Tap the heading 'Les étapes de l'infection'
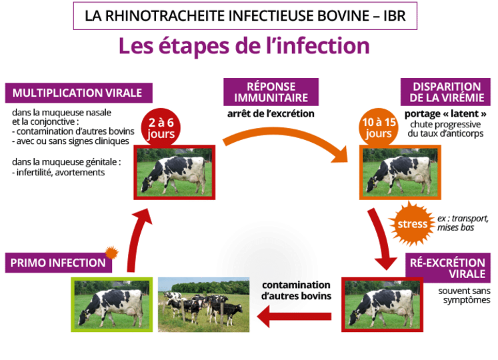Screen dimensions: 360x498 click(244, 46)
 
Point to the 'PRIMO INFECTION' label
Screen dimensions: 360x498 click(58, 262)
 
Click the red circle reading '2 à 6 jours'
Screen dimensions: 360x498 click(161, 127)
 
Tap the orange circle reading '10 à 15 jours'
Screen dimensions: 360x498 click(379, 127)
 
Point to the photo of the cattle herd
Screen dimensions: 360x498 click(203, 302)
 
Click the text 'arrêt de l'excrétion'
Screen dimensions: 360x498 click(270, 114)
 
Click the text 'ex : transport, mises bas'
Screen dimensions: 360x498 click(463, 223)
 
